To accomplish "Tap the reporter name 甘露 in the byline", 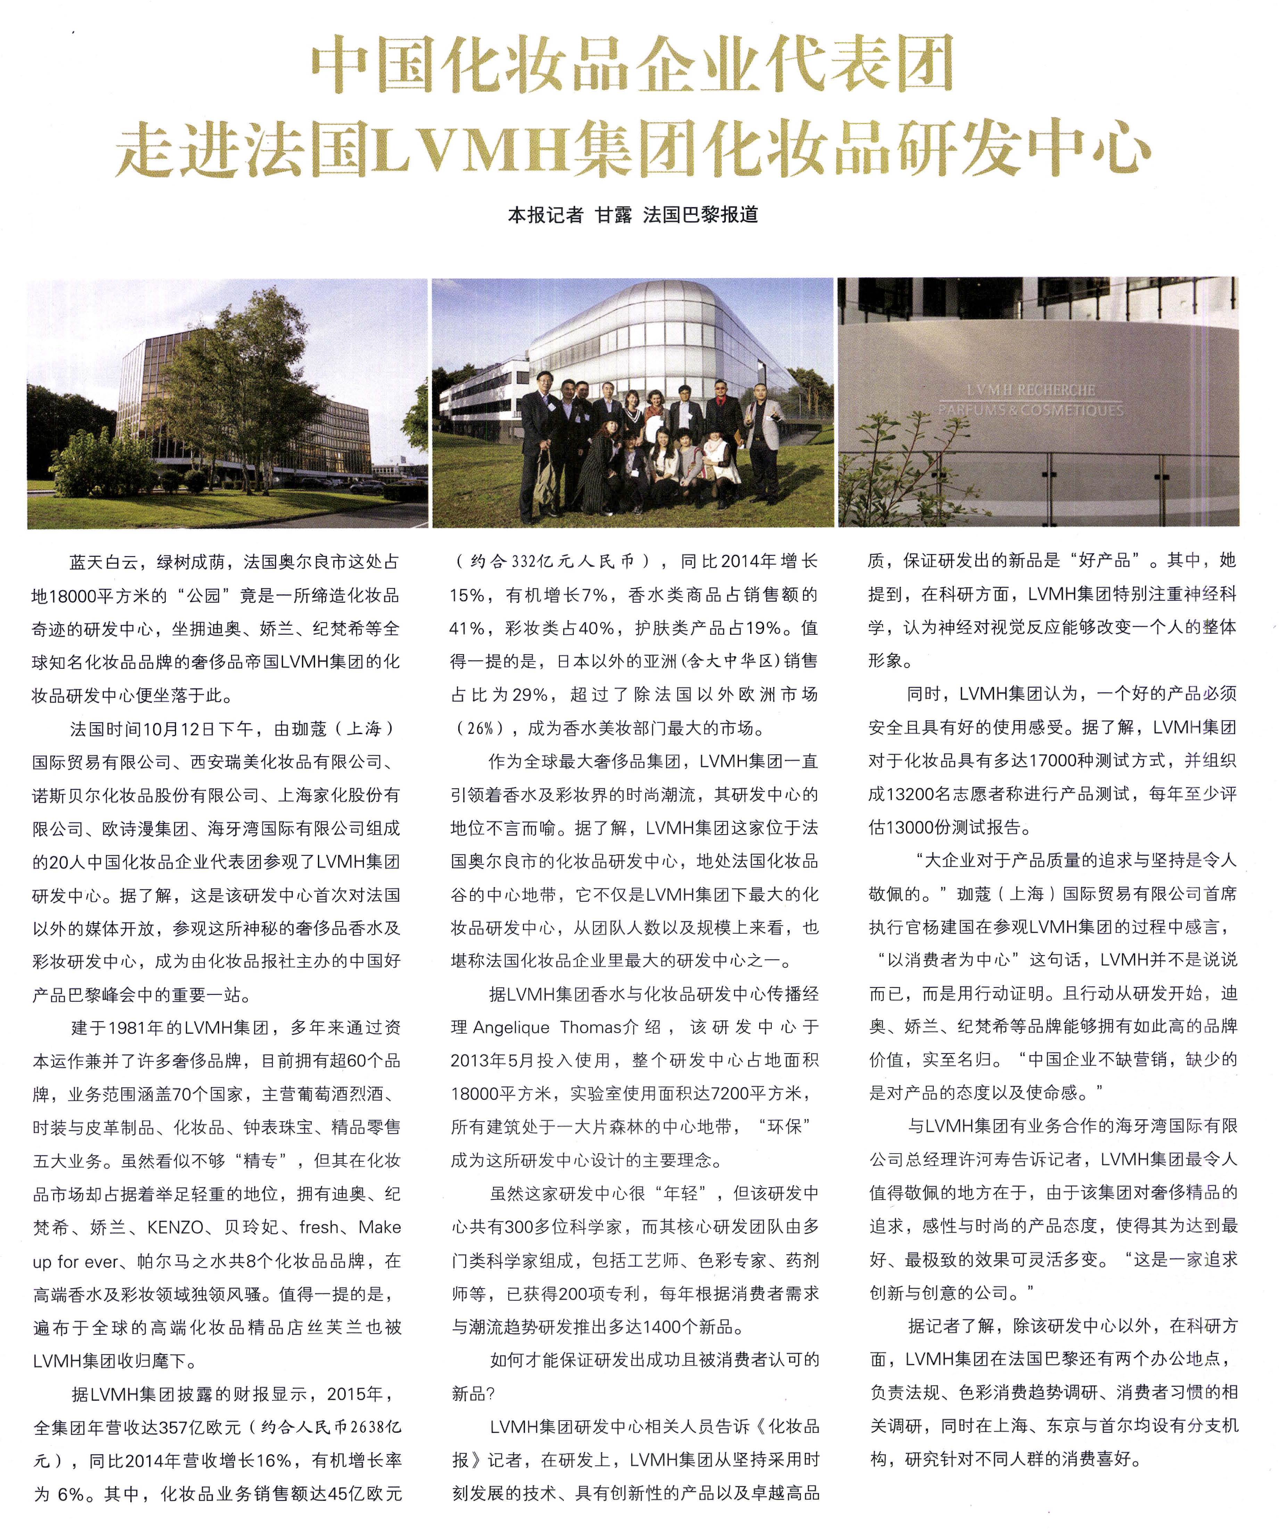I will point(613,215).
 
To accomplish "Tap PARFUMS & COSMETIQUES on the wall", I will point(1030,410).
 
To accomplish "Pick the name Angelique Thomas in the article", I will point(547,1027).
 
